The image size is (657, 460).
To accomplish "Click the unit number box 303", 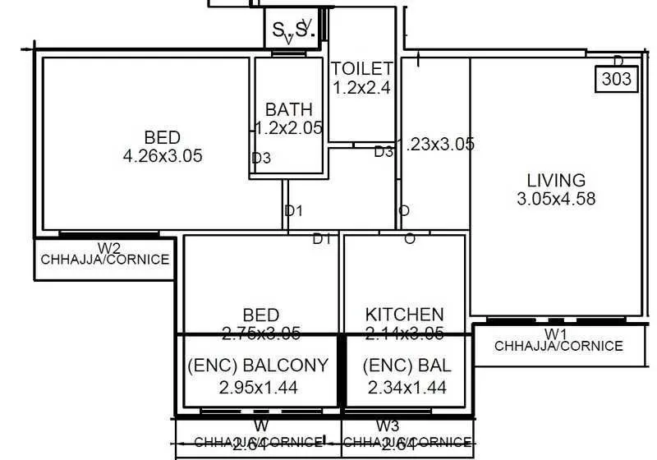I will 617,79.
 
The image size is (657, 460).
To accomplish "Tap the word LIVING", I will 556,180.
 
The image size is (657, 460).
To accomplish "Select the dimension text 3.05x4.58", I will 556,198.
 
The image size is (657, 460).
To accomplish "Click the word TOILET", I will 361,69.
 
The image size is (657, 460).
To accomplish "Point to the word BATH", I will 288,109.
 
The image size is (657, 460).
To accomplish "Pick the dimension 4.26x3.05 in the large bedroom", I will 162,155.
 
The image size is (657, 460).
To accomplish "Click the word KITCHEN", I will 404,314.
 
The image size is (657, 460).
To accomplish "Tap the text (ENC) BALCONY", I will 258,366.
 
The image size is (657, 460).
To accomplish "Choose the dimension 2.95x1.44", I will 258,387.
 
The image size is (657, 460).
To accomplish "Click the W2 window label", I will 109,247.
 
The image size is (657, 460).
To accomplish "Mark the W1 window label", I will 557,333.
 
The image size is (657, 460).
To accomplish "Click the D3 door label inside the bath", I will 261,159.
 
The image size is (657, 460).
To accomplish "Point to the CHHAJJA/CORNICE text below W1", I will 558,346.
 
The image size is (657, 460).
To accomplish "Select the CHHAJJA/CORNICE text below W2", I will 105,260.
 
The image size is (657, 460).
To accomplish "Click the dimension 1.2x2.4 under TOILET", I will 361,86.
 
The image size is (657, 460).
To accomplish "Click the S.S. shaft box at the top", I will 293,30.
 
